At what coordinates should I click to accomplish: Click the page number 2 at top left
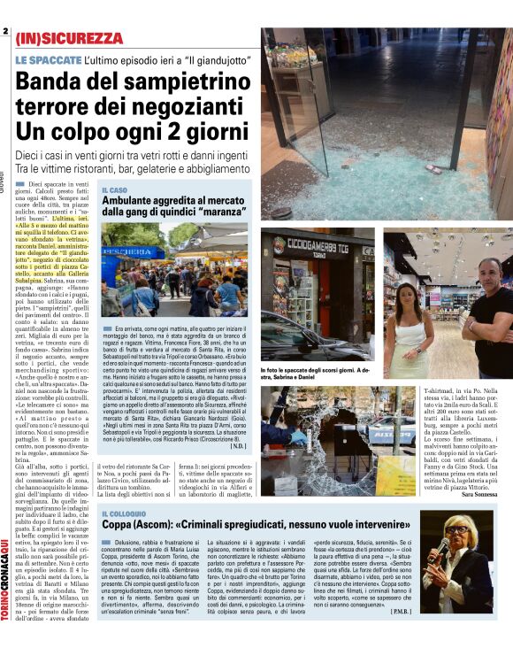coord(5,32)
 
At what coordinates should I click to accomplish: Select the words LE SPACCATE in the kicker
coord(48,59)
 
